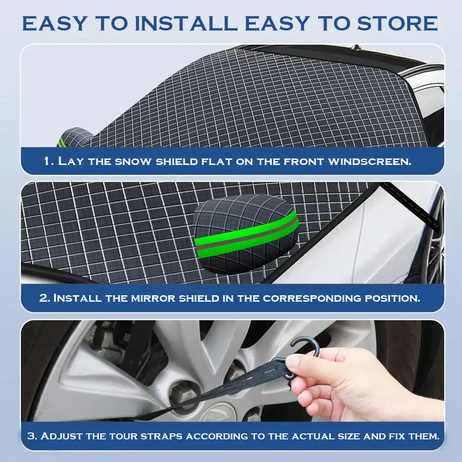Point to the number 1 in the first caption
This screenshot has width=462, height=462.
pos(47,162)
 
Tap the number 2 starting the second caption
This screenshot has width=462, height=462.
pos(44,298)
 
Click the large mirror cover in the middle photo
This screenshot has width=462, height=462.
pos(245,233)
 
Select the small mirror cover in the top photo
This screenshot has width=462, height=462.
pos(74,137)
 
